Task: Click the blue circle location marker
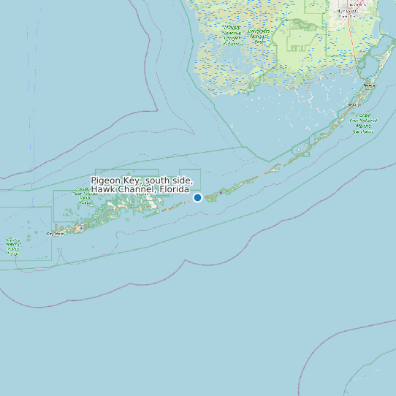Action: tap(197, 197)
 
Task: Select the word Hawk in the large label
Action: tap(103, 190)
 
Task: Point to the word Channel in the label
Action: tap(135, 190)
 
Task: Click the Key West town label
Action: tap(55, 234)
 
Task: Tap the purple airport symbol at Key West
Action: tap(76, 227)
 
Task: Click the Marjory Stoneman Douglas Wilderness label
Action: tap(259, 37)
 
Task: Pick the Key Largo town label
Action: tap(369, 85)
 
